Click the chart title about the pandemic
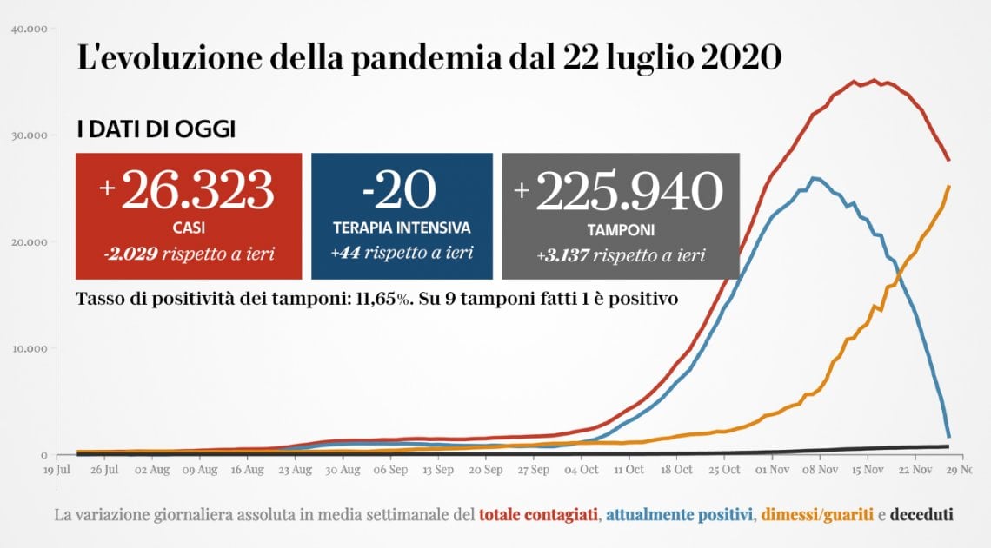(x=429, y=58)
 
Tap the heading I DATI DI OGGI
(x=156, y=130)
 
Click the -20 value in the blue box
(x=401, y=190)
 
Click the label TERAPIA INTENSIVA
(x=402, y=228)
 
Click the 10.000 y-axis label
(x=30, y=349)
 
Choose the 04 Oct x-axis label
(x=581, y=470)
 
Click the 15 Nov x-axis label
(x=868, y=470)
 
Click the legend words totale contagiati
(x=538, y=515)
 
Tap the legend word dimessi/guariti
(x=818, y=515)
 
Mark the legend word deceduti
(x=921, y=515)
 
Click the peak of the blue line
(x=815, y=179)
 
